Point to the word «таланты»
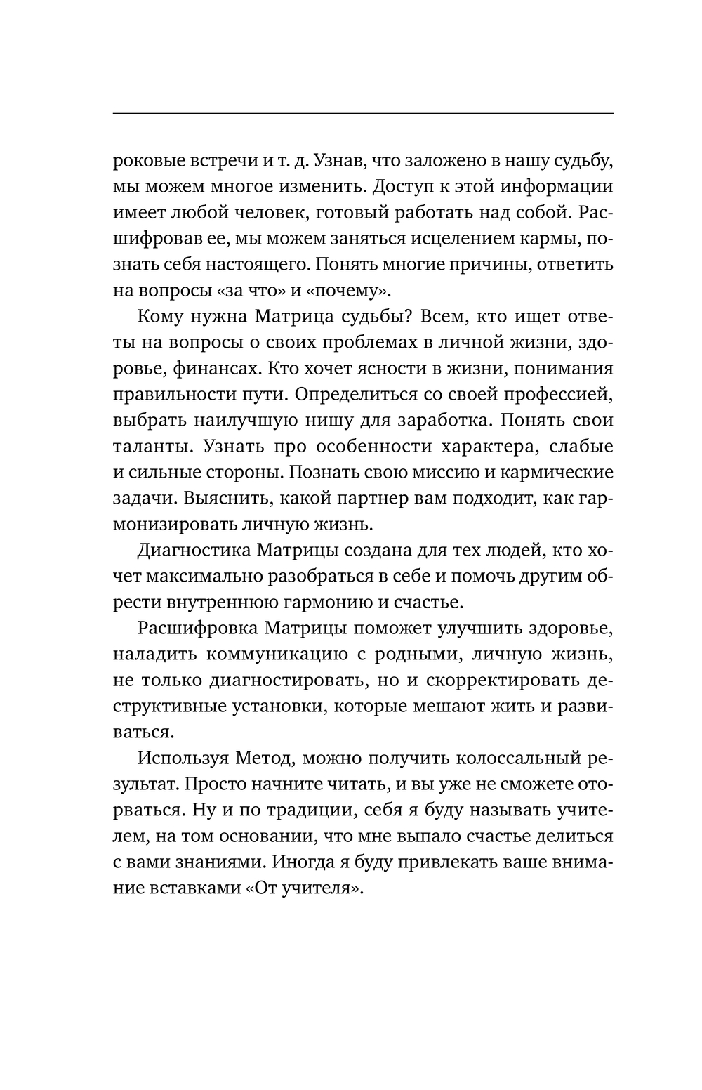tap(149, 447)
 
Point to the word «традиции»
tap(317, 810)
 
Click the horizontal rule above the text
tap(362, 113)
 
